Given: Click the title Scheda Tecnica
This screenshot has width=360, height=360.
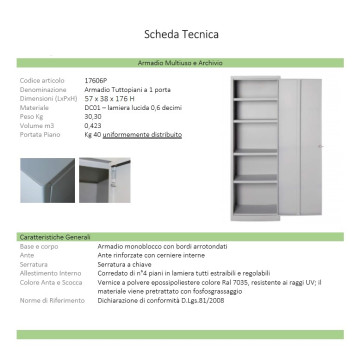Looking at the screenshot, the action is [180, 35].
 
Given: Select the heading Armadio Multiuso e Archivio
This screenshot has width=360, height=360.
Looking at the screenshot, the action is [180, 62].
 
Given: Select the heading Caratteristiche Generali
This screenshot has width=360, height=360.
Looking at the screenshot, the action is [58, 236].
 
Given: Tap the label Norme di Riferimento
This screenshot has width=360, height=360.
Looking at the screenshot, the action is [49, 298].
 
